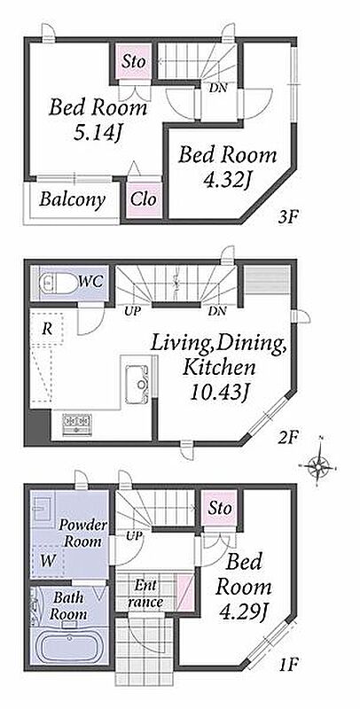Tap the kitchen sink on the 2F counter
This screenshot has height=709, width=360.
(x=137, y=384)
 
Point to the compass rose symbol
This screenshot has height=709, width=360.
(x=320, y=464)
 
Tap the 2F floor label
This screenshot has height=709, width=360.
(x=287, y=437)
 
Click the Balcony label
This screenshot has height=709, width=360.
(x=72, y=199)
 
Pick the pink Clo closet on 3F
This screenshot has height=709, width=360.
(x=144, y=199)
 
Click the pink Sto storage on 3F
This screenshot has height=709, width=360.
(x=133, y=61)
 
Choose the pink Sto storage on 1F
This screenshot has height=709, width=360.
(x=220, y=508)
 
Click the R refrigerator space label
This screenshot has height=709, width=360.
(x=47, y=329)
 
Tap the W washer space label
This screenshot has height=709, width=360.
(x=48, y=561)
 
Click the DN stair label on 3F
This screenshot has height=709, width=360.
(x=217, y=88)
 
